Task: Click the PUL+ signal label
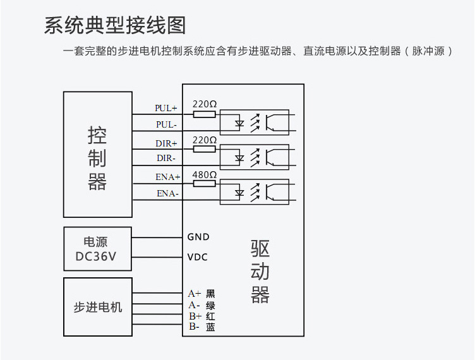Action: [165, 108]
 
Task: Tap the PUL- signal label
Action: [166, 124]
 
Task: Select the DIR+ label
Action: [166, 143]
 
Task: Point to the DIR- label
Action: [166, 158]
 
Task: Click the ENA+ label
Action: [168, 177]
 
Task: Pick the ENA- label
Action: [167, 193]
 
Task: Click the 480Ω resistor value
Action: [205, 175]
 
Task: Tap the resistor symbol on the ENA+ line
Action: [205, 184]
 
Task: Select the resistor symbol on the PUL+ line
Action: [205, 114]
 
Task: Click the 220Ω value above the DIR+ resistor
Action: [205, 140]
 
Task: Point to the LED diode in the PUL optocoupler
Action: [239, 124]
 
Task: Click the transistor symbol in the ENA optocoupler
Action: [271, 192]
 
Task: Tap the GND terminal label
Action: [198, 237]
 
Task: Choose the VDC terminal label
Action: [198, 257]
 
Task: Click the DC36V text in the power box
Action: [96, 256]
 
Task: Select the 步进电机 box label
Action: [98, 308]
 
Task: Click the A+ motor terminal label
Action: [194, 294]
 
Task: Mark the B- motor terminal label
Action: [194, 327]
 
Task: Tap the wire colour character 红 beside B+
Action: [210, 316]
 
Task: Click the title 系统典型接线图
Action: [115, 25]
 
